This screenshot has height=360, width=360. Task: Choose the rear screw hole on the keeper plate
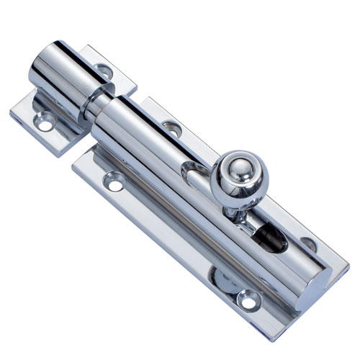(x=102, y=71)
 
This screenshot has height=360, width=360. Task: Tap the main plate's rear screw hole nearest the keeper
(x=171, y=128)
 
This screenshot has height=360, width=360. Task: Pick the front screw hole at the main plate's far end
(x=247, y=295)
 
